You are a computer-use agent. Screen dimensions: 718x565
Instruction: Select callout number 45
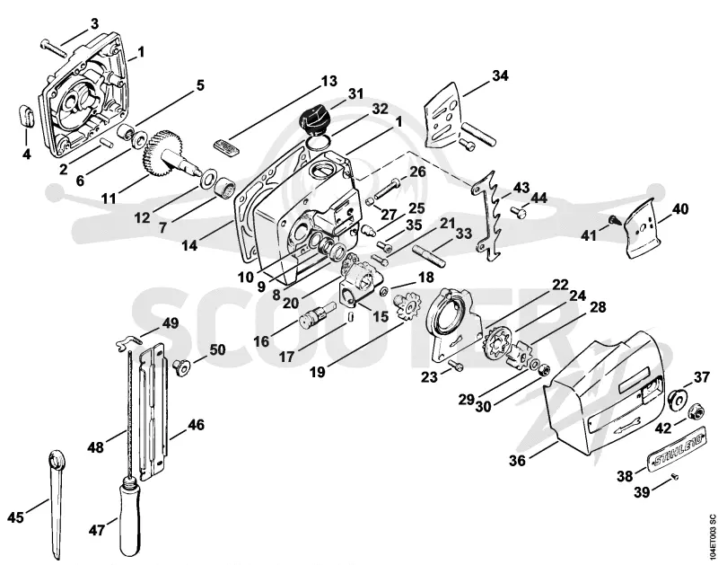[x=15, y=517]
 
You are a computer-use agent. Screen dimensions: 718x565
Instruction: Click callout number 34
[x=500, y=75]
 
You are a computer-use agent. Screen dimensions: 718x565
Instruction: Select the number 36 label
[x=518, y=460]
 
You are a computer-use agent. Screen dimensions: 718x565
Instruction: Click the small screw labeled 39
[x=674, y=478]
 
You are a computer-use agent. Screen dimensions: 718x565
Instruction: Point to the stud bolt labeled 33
[x=428, y=255]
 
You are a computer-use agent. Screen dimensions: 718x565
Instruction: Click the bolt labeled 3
[x=54, y=49]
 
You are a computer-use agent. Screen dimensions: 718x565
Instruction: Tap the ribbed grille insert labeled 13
[x=226, y=148]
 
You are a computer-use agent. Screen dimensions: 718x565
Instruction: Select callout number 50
[x=217, y=350]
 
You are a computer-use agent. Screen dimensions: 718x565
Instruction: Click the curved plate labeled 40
[x=642, y=230]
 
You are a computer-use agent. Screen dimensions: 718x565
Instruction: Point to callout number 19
[x=317, y=372]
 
